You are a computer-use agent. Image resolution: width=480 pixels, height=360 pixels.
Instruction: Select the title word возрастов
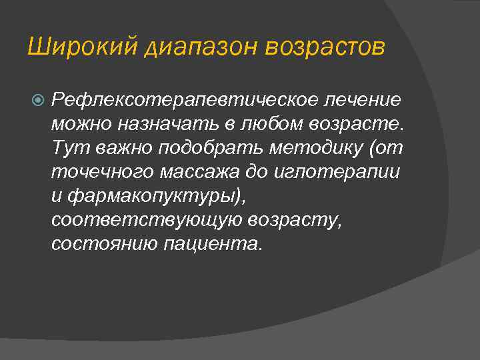(325, 49)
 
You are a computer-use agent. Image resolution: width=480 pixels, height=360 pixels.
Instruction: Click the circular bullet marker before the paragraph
(38, 100)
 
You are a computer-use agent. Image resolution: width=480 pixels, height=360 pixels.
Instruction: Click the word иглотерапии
(337, 172)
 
